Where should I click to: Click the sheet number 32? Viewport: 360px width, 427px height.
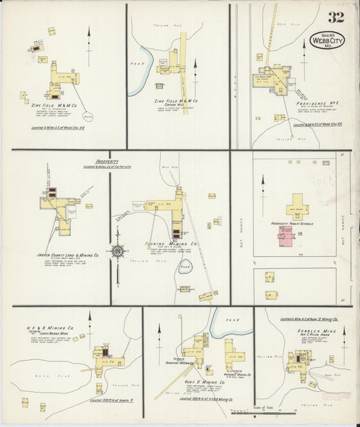pyautogui.click(x=336, y=18)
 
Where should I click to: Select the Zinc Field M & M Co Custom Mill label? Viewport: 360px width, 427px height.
pyautogui.click(x=175, y=102)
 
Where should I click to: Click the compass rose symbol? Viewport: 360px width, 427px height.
pyautogui.click(x=118, y=251)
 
